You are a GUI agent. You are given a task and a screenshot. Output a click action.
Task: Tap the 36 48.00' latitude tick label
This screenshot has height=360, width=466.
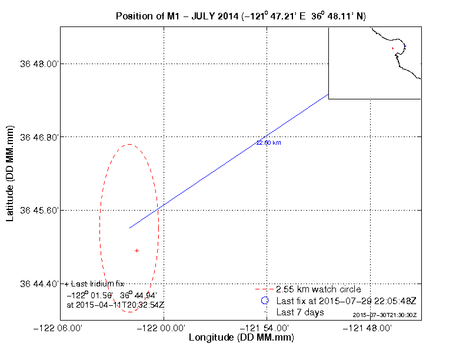(x=39, y=64)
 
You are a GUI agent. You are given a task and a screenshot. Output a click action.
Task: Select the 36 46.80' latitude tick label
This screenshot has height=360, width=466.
(x=39, y=137)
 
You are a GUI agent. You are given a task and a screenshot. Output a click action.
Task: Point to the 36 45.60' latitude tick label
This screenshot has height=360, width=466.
(x=39, y=210)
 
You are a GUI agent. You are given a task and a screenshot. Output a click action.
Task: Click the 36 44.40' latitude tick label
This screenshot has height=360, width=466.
(x=39, y=284)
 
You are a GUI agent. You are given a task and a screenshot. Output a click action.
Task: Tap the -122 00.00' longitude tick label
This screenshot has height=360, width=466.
(x=164, y=328)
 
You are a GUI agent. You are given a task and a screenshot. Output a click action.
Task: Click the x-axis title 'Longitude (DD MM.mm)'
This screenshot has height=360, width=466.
(x=241, y=338)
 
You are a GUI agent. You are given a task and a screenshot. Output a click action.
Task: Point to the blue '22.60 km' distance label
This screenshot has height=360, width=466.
(x=268, y=142)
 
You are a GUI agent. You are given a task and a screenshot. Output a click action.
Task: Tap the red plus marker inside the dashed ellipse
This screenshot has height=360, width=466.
(x=137, y=251)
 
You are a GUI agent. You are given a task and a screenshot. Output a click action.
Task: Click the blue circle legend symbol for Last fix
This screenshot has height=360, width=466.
(x=265, y=301)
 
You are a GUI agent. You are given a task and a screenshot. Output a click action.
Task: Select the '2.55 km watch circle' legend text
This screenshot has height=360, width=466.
(x=318, y=289)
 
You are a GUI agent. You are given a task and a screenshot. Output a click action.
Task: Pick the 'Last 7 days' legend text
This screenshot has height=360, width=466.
(x=300, y=312)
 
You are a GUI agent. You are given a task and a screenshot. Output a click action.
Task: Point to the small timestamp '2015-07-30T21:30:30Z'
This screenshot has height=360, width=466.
(x=384, y=315)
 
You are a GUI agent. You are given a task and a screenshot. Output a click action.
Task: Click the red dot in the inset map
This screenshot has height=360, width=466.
(x=392, y=48)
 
